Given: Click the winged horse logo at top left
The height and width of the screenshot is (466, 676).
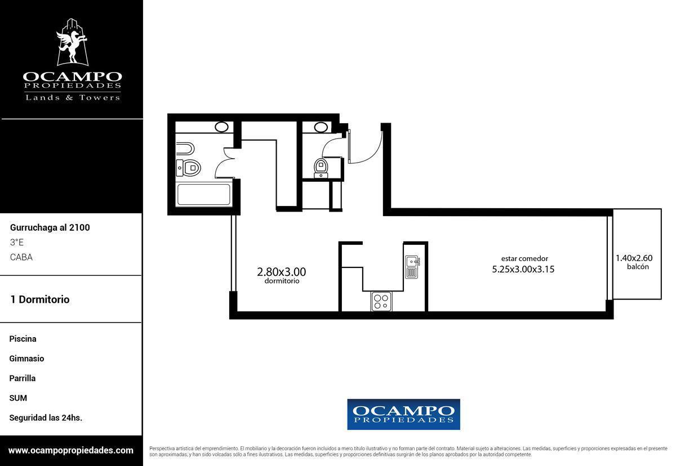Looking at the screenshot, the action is pyautogui.click(x=73, y=42).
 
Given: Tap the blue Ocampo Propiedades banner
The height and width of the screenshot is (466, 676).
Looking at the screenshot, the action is pyautogui.click(x=403, y=414).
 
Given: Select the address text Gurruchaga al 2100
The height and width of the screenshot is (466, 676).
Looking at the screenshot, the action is pyautogui.click(x=50, y=227).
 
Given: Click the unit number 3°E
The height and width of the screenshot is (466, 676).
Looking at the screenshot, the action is pyautogui.click(x=16, y=242).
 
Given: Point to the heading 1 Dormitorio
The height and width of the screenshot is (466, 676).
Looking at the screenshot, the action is pyautogui.click(x=40, y=299).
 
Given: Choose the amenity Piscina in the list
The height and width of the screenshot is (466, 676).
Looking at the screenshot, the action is pyautogui.click(x=23, y=339).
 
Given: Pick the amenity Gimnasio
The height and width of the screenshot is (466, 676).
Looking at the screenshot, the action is pyautogui.click(x=26, y=359).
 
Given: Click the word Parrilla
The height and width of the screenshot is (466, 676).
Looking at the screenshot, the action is pyautogui.click(x=23, y=378).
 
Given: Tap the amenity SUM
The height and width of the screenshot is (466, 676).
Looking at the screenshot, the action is pyautogui.click(x=18, y=398).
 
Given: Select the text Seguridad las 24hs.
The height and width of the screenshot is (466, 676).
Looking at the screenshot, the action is pyautogui.click(x=46, y=418).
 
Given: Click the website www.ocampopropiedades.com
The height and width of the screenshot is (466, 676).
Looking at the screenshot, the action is pyautogui.click(x=70, y=450).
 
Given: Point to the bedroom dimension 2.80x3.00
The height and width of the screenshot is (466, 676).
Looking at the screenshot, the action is pyautogui.click(x=281, y=272).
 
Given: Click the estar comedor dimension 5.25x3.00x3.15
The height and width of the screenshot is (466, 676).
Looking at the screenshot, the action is pyautogui.click(x=523, y=269).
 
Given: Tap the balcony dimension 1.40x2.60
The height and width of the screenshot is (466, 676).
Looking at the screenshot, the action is pyautogui.click(x=634, y=258).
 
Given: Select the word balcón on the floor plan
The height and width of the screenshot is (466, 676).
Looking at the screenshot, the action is pyautogui.click(x=638, y=267).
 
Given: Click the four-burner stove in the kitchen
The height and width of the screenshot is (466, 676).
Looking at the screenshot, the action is pyautogui.click(x=381, y=302).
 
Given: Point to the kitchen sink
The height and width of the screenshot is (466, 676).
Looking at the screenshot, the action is pyautogui.click(x=412, y=267).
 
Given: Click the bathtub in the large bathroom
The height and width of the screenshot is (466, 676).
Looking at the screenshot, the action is pyautogui.click(x=204, y=195).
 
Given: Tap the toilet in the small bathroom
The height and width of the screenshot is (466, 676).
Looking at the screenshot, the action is pyautogui.click(x=321, y=168).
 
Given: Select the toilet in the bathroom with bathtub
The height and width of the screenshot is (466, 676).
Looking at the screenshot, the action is pyautogui.click(x=189, y=168).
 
